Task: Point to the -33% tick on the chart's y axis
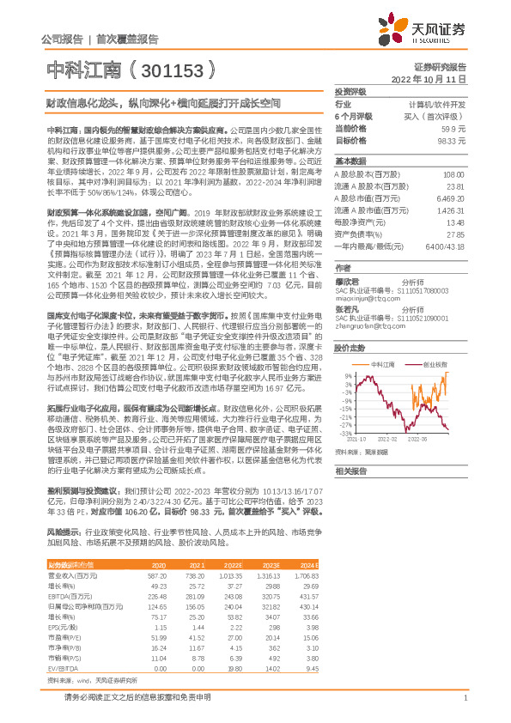click(344, 433)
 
